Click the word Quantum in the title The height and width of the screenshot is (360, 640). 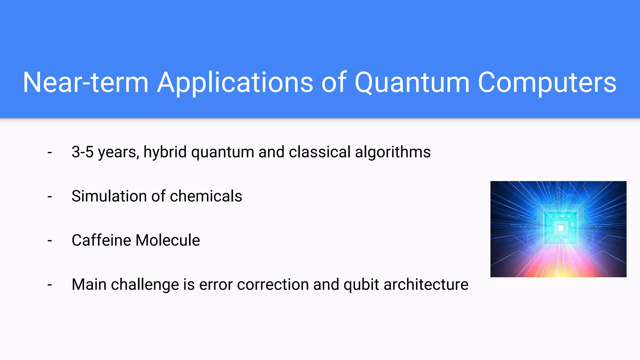point(412,82)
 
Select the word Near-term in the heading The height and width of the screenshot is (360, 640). point(86,82)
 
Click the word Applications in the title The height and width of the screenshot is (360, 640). point(235,82)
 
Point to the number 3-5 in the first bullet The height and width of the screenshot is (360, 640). point(82,152)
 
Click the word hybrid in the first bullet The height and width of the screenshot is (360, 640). point(165,152)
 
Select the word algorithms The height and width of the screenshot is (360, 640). point(393,152)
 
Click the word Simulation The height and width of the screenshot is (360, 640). point(109,196)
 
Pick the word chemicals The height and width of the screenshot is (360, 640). point(206,196)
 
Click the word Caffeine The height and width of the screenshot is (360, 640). point(102,240)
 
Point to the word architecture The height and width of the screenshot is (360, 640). point(426,285)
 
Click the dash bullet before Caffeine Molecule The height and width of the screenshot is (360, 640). point(50,241)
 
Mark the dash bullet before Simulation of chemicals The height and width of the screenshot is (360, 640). point(50,197)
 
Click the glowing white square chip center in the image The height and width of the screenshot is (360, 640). point(561,228)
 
